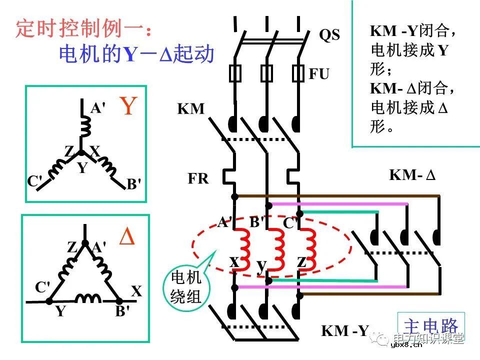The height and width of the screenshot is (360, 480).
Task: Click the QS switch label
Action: pos(329,34)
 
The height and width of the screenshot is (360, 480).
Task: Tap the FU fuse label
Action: pos(319,74)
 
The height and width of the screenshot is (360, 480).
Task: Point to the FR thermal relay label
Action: pos(198,178)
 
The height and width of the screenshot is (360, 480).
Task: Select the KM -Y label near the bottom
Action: pos(344,330)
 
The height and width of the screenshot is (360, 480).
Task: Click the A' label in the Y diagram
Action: pos(98,108)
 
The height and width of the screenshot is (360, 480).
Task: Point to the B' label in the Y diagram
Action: pos(133,184)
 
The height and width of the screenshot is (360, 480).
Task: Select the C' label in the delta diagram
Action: pos(42,287)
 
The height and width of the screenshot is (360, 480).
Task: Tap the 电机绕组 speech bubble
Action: pos(186,287)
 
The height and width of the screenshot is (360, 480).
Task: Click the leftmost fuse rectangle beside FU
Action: pos(235,73)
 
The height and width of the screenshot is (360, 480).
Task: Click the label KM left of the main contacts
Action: pos(191,108)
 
